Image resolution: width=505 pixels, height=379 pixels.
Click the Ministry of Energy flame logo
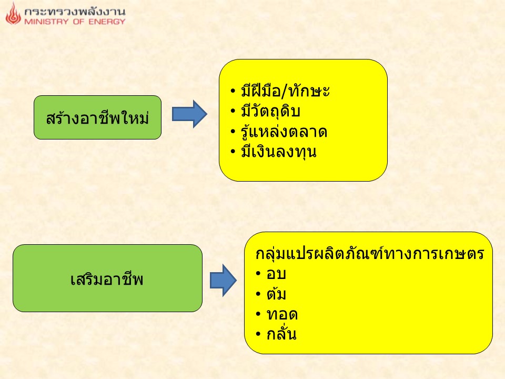(x=13, y=14)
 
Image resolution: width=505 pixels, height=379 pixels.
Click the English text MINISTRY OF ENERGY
(x=75, y=22)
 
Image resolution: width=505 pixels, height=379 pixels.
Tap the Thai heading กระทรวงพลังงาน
(x=75, y=12)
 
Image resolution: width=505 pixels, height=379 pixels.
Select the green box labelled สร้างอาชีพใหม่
(x=98, y=117)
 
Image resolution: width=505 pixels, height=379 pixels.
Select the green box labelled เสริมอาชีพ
(x=107, y=278)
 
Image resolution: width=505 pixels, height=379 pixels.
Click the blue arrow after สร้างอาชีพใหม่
(x=189, y=114)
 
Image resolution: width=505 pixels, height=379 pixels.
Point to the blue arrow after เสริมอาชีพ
(x=223, y=281)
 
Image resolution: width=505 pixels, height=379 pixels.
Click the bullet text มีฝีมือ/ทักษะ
(x=285, y=91)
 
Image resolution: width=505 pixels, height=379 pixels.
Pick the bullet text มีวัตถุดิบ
(x=270, y=111)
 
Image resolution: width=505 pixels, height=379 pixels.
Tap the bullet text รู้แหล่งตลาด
(x=284, y=131)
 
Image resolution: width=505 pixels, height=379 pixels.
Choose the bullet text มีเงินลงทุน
(x=279, y=152)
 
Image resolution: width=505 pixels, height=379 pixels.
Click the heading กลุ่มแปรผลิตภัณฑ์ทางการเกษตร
(x=370, y=253)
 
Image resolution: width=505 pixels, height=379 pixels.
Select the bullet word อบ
(x=276, y=274)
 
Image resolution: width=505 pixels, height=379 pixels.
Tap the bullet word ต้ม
(x=276, y=293)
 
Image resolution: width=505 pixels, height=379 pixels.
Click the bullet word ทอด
(x=282, y=314)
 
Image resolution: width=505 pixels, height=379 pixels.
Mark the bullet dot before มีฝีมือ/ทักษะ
(x=233, y=91)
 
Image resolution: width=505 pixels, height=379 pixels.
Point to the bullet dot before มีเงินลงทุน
(x=233, y=152)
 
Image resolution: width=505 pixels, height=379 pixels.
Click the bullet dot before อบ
(x=258, y=274)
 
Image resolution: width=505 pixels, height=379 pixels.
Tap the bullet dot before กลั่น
(x=258, y=334)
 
